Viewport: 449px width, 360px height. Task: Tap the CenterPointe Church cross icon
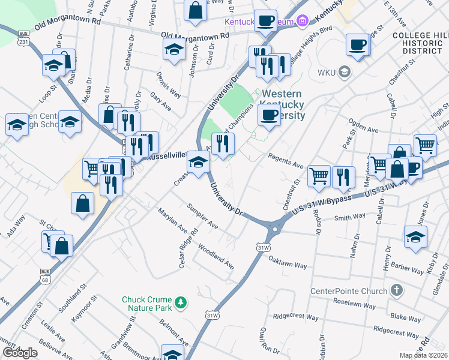396,291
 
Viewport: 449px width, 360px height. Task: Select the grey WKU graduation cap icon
344,73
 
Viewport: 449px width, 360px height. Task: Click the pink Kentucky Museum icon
303,22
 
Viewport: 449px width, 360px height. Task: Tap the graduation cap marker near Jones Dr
415,236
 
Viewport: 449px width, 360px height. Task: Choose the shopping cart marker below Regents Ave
319,176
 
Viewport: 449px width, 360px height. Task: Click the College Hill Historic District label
420,45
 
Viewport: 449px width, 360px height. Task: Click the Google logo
20,352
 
